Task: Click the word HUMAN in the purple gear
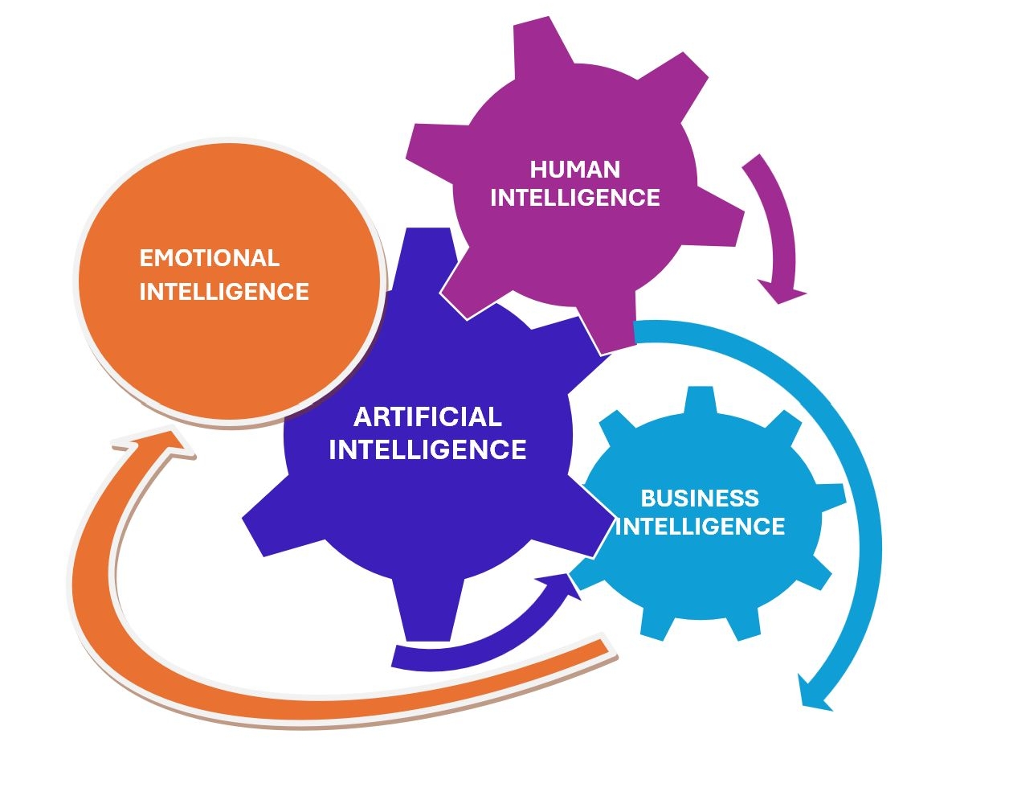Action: pos(575,170)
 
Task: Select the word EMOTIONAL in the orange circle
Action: pos(210,258)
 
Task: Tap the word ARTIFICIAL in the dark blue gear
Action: pos(428,416)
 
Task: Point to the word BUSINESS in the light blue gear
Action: pos(700,498)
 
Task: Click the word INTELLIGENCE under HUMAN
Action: pos(575,198)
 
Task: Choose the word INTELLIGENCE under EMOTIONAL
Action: pos(224,291)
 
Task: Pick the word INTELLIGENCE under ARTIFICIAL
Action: pos(428,449)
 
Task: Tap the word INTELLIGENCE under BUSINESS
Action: pos(700,527)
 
